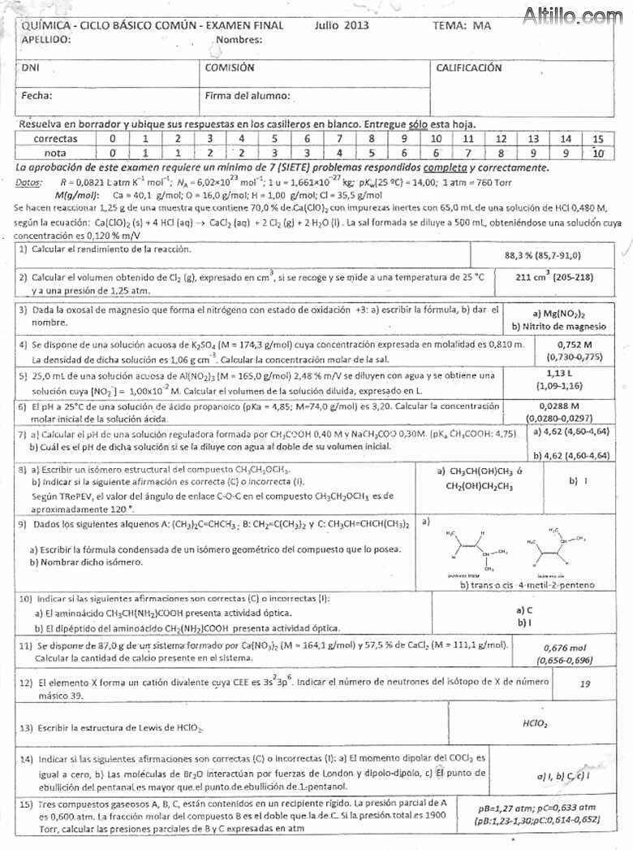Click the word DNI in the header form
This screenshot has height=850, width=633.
(30, 68)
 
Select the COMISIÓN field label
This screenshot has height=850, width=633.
(230, 68)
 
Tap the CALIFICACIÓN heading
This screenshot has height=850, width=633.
(468, 68)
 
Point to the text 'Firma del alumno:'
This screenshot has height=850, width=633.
(248, 96)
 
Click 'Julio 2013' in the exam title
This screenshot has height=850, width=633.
(342, 25)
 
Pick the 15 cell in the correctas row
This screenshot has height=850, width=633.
(598, 139)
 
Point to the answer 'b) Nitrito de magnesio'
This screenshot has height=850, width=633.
(559, 326)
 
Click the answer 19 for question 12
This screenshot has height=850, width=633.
(585, 684)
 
